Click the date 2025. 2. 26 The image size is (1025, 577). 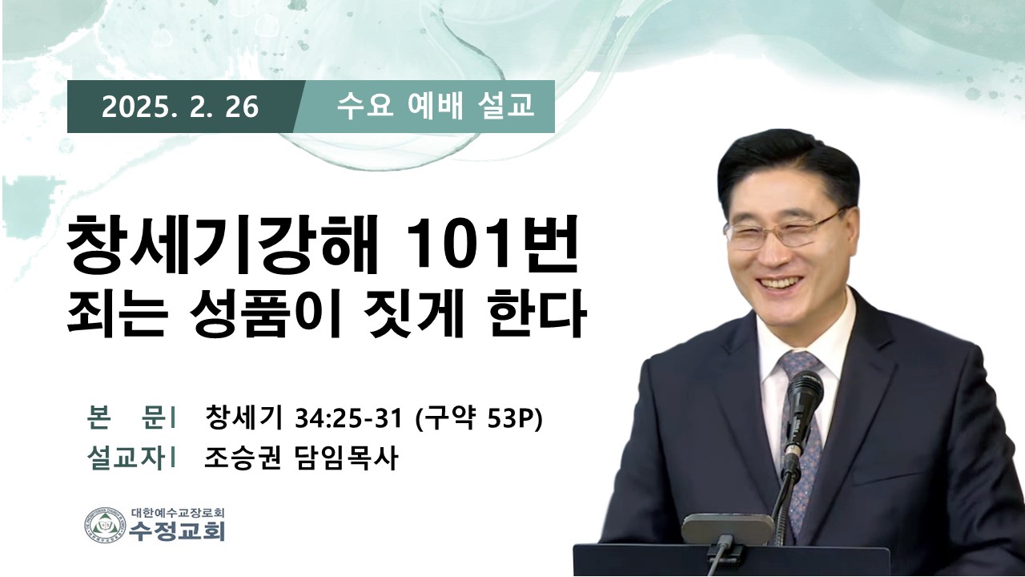coord(180,107)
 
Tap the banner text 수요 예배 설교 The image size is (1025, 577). coord(435,106)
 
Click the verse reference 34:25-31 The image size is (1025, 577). coord(348,418)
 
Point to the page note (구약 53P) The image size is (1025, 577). coord(478,418)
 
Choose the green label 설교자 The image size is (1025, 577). coord(126,458)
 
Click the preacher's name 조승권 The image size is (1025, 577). coord(242,458)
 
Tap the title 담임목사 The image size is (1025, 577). coord(345,458)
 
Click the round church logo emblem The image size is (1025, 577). coord(105,525)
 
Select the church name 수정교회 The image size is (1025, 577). coord(177,531)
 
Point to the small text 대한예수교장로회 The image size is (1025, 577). coord(178,512)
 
